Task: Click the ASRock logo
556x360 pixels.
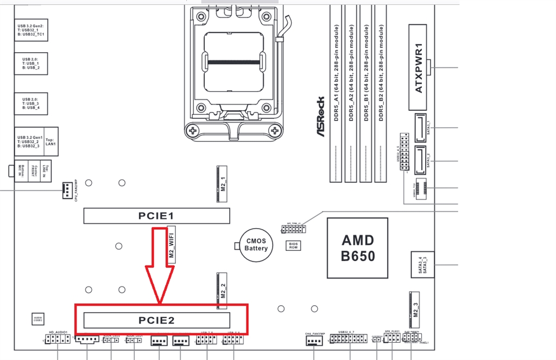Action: pos(321,117)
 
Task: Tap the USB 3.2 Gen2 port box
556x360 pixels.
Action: pos(31,29)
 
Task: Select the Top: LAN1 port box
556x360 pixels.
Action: pos(50,142)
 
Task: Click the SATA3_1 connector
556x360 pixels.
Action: pos(422,126)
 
